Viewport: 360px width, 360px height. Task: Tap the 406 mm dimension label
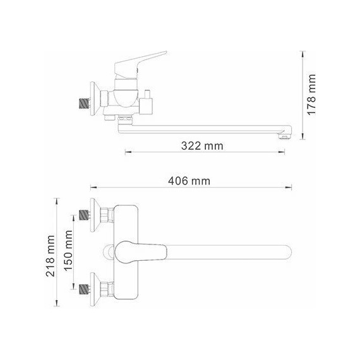point(189,181)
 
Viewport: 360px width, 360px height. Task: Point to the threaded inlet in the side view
point(83,102)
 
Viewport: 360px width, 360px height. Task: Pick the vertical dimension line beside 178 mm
point(304,95)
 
